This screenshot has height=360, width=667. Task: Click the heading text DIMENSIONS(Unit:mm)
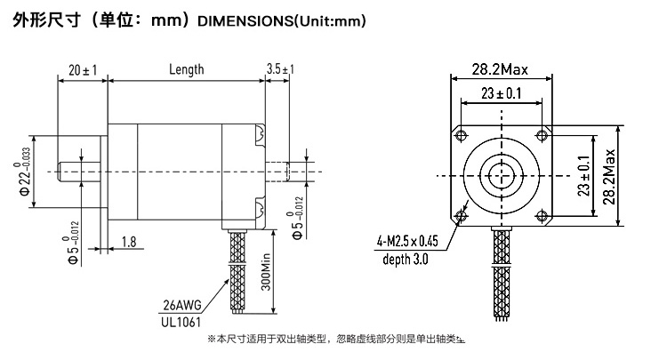[282, 20]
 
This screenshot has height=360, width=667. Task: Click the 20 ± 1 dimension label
[83, 69]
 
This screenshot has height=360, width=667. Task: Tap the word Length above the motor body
[187, 69]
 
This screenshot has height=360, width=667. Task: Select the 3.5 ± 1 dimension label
[280, 68]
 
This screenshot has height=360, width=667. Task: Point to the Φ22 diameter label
[25, 172]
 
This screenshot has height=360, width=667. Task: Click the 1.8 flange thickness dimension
[129, 242]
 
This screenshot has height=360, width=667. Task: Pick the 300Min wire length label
[265, 272]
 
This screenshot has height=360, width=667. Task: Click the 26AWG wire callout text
[182, 305]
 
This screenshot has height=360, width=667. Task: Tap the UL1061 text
[181, 322]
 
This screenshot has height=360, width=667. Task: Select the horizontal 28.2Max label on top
[500, 69]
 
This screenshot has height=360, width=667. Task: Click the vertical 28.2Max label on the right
[608, 176]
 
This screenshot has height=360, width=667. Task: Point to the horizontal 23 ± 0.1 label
[501, 93]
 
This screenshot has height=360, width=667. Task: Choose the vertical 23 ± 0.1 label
[584, 175]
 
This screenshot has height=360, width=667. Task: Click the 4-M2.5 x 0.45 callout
[407, 241]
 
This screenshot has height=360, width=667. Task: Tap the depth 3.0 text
[405, 259]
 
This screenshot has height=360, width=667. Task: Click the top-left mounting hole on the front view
[461, 136]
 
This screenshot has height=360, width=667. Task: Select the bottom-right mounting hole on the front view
[542, 216]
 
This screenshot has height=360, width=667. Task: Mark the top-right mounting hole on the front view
[542, 136]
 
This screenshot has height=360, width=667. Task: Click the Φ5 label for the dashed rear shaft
[298, 218]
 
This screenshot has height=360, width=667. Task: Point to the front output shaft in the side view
[79, 172]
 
